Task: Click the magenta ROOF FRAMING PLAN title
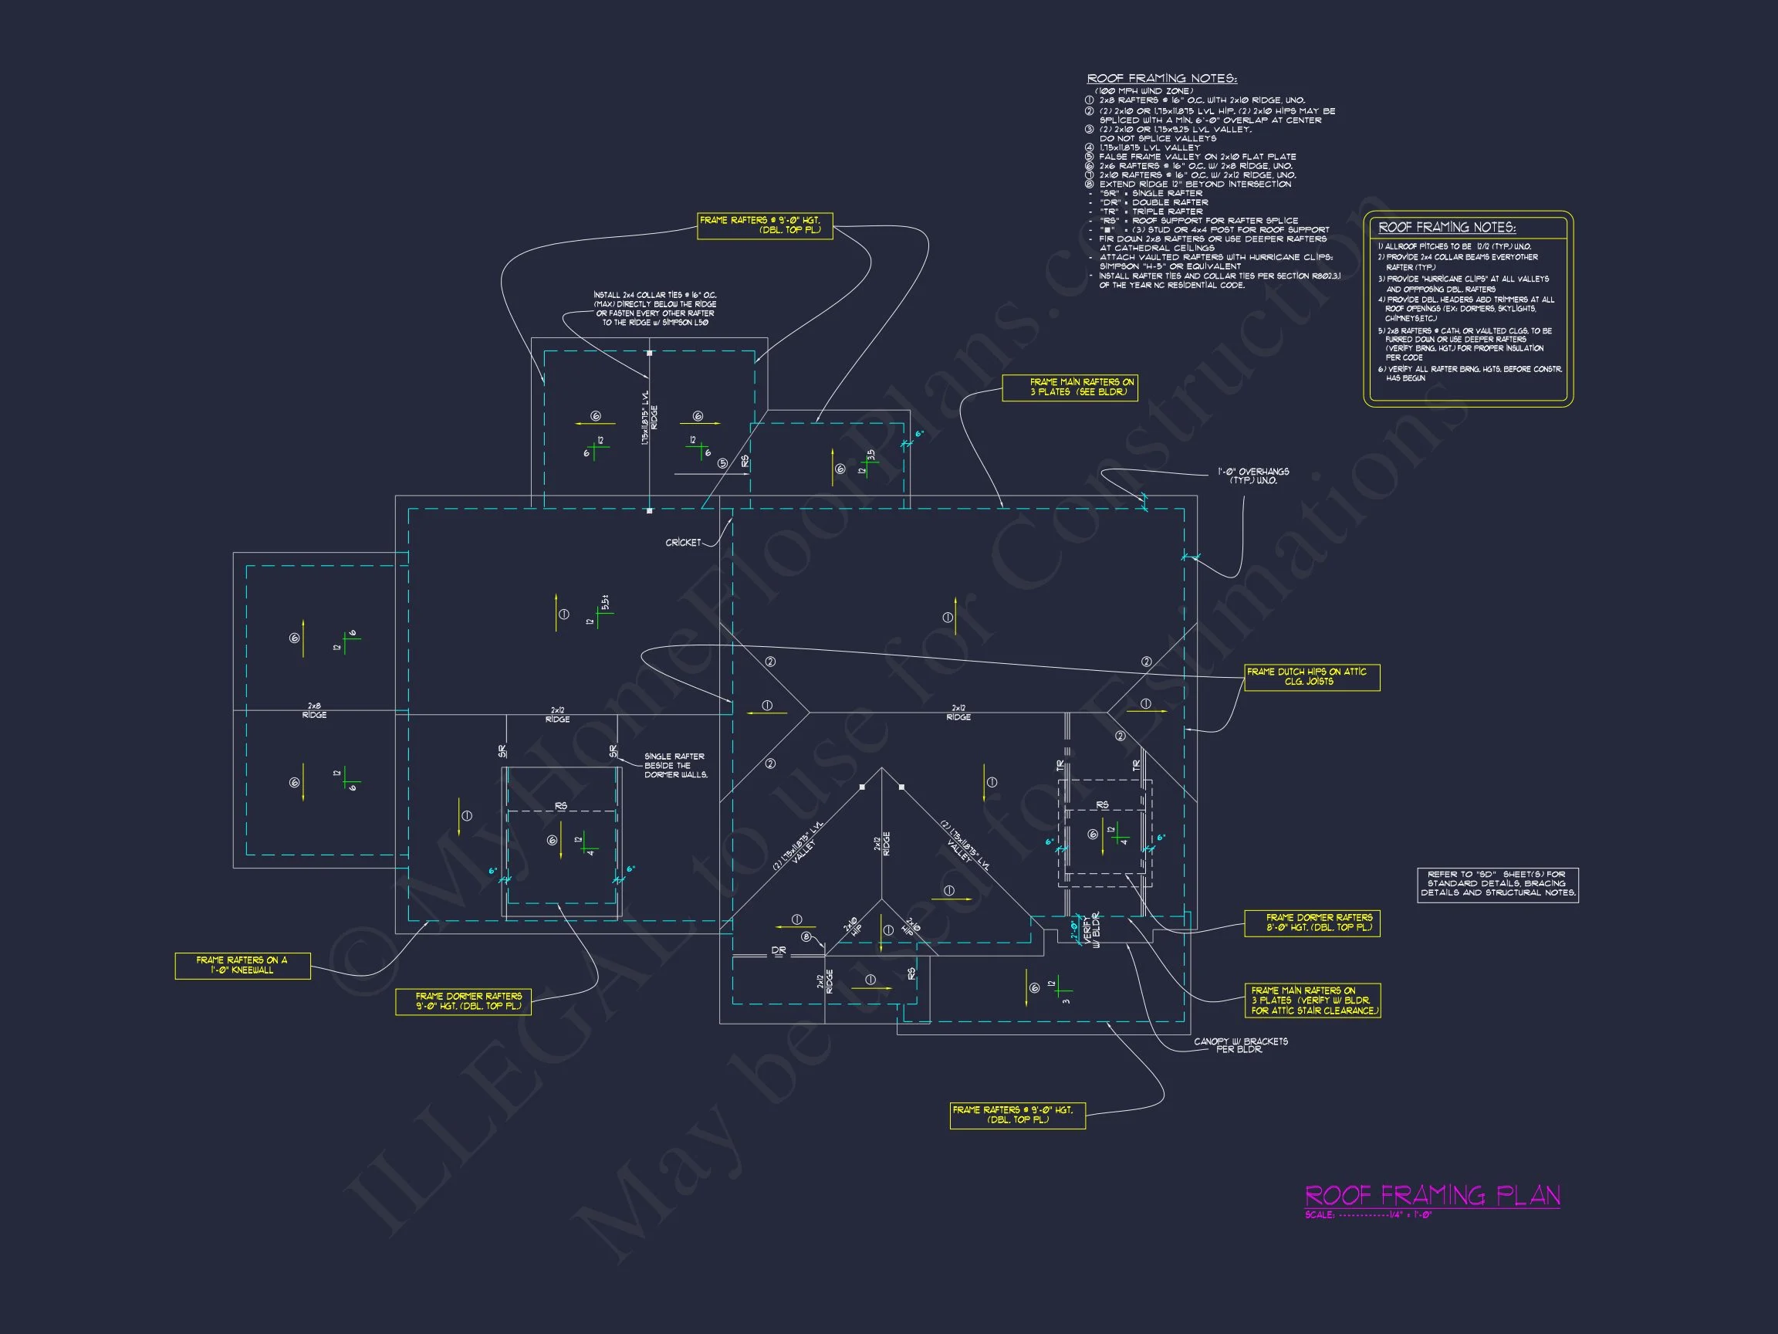click(x=1432, y=1195)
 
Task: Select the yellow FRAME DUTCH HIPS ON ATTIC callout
click(x=1312, y=677)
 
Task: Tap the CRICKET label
click(x=683, y=543)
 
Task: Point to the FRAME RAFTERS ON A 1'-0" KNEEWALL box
click(x=242, y=966)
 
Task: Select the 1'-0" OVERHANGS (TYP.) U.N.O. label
click(x=1253, y=476)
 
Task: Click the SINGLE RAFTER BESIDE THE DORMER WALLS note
click(x=675, y=766)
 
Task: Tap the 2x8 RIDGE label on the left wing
click(x=314, y=711)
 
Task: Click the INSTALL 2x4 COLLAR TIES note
click(x=655, y=309)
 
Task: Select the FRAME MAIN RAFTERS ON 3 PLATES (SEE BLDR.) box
click(x=1070, y=388)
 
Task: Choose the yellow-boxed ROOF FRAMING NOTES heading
click(x=1447, y=228)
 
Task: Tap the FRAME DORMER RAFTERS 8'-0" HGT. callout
click(x=1312, y=923)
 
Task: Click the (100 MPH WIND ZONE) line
click(x=1144, y=91)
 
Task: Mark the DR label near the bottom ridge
click(x=779, y=951)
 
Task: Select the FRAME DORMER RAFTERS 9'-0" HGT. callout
click(x=464, y=1002)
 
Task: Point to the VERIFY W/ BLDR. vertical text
click(x=1090, y=931)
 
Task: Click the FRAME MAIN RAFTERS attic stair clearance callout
click(x=1313, y=1001)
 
